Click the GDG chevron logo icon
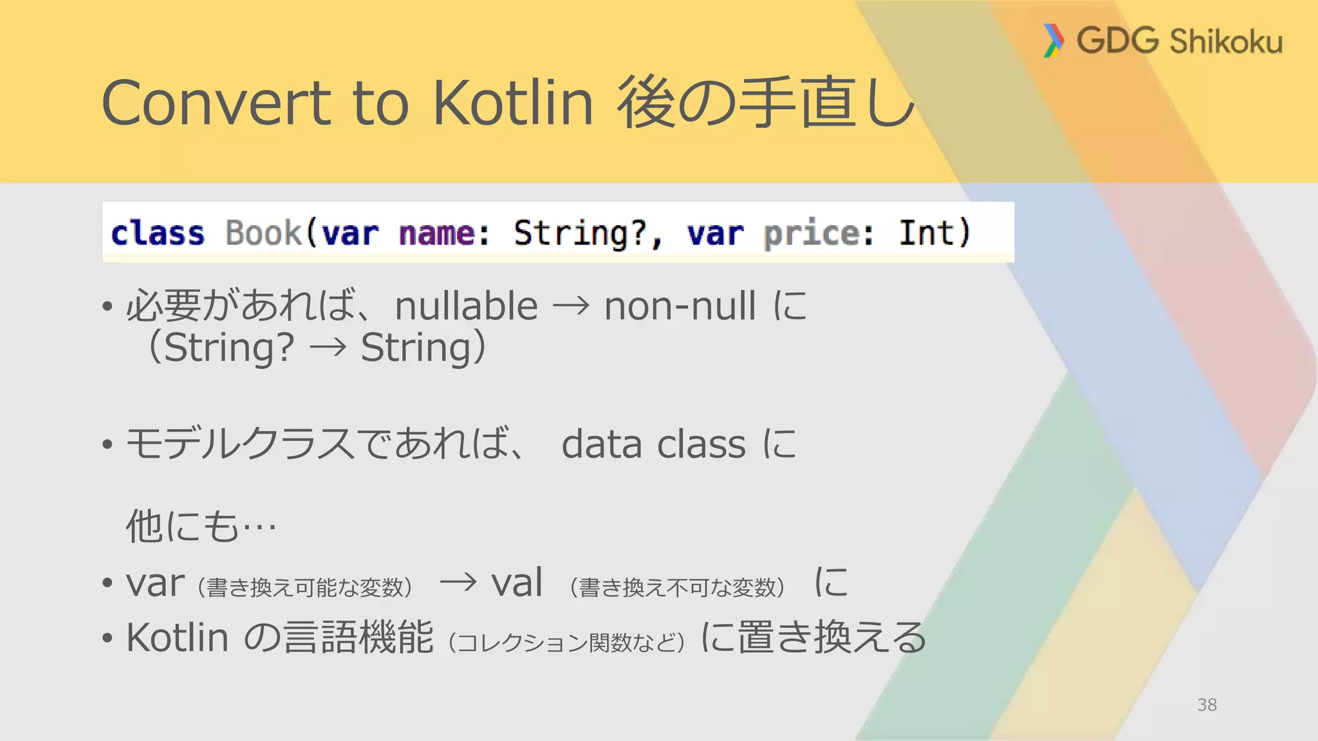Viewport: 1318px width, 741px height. click(x=1053, y=41)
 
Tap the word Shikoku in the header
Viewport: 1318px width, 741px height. click(x=1226, y=42)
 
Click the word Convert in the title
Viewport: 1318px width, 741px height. click(x=216, y=103)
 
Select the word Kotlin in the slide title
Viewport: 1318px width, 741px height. click(x=512, y=103)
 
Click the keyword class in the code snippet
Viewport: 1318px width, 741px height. click(x=158, y=233)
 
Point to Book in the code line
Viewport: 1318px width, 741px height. click(x=263, y=233)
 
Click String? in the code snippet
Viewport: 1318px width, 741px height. click(x=580, y=233)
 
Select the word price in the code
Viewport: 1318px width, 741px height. click(x=811, y=233)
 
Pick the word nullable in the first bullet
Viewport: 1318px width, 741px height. click(x=467, y=306)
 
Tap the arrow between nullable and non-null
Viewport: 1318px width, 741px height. click(x=571, y=306)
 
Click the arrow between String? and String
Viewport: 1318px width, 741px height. click(x=328, y=349)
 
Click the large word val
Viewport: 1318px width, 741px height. click(x=517, y=583)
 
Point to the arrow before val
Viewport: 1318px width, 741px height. click(x=458, y=583)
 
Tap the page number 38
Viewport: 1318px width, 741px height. click(x=1207, y=705)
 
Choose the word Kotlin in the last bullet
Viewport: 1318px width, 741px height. click(x=178, y=638)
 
